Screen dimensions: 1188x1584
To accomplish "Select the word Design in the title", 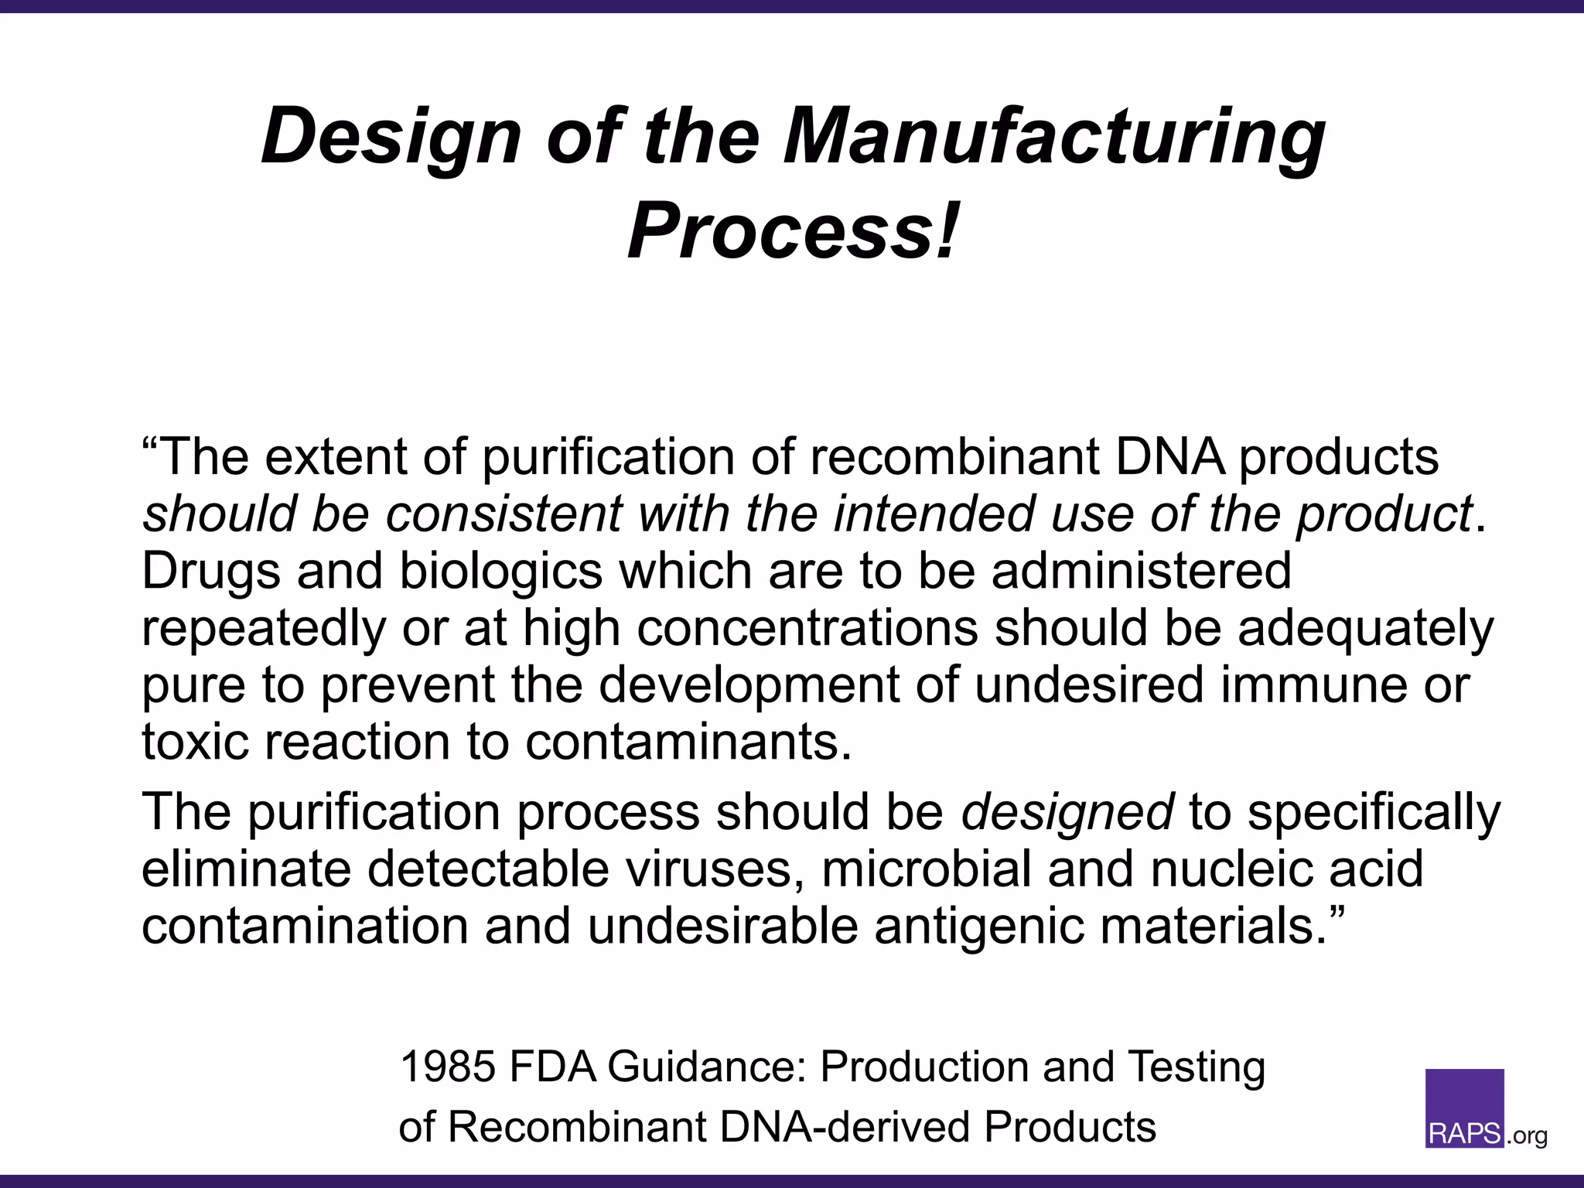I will point(391,138).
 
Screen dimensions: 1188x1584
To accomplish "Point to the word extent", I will point(335,456).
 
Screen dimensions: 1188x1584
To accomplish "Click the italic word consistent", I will point(504,514).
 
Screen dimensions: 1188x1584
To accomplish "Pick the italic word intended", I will point(927,514).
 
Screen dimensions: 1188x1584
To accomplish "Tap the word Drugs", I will point(210,571).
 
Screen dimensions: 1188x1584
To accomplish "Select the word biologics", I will point(500,571).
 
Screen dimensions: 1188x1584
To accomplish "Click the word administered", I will point(1142,571).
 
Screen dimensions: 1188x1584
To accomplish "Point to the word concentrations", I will point(807,628).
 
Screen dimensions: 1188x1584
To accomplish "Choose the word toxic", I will point(196,742).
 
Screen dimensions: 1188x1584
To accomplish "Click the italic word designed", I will point(1067,813).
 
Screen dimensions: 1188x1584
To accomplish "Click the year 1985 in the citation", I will point(447,1067).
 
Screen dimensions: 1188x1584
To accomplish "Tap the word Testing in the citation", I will point(1197,1068).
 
